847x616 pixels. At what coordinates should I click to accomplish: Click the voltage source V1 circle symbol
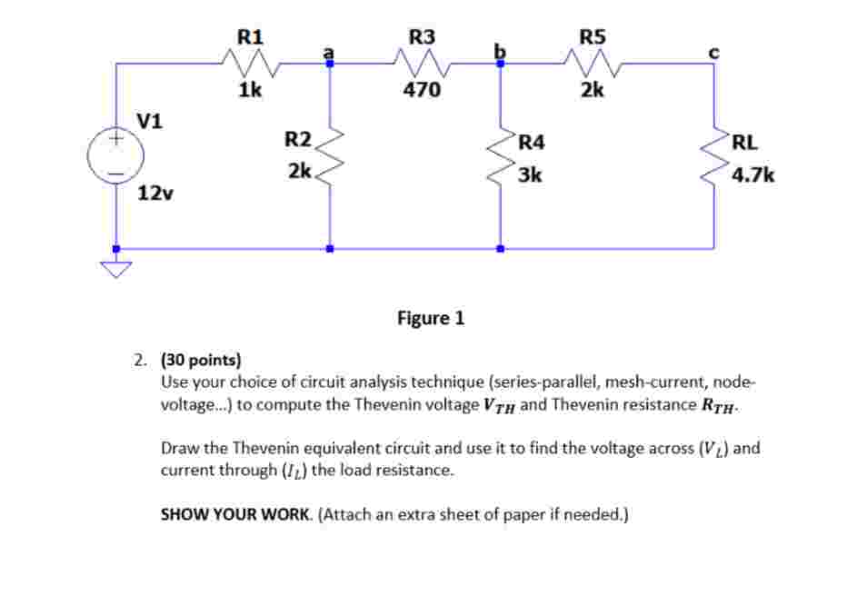115,156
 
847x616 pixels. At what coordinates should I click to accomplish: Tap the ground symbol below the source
115,268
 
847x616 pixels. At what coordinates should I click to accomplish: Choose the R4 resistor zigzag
499,155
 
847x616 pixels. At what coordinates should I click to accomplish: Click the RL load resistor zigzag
713,155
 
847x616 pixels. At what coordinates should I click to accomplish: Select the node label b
498,51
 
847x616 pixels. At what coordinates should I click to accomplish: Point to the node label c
713,53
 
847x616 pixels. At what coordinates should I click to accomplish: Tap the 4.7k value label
753,174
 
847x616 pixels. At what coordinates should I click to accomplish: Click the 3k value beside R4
530,174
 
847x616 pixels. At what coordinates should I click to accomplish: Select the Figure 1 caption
431,318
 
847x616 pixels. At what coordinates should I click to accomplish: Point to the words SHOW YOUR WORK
236,514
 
